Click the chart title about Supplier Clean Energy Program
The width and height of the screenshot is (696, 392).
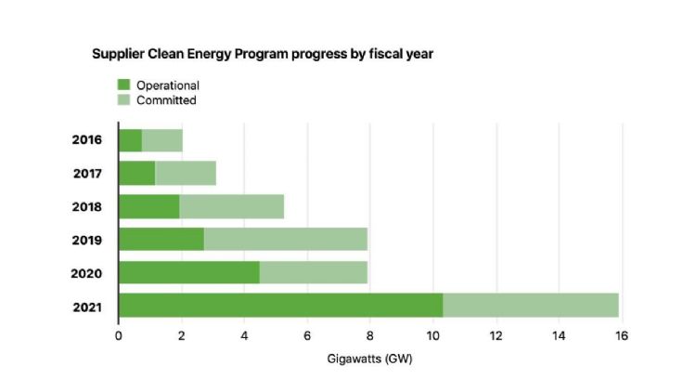[263, 54]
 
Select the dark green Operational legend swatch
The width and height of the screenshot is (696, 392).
[123, 85]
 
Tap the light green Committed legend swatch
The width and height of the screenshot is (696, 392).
[123, 99]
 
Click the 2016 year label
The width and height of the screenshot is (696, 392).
[87, 139]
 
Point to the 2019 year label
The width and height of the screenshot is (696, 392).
[87, 240]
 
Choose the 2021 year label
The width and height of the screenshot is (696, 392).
[87, 307]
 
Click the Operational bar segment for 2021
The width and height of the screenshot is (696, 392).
[281, 306]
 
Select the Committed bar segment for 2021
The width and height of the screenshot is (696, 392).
[531, 306]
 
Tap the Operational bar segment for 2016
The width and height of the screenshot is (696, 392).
[131, 140]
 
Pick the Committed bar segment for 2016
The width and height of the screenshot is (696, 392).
[162, 140]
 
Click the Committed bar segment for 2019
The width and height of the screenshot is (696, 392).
[286, 239]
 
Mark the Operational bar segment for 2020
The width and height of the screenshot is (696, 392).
[189, 272]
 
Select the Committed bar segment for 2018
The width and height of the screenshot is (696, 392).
[232, 206]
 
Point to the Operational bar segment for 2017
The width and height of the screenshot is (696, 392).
[137, 174]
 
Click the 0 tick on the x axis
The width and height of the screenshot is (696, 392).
[119, 336]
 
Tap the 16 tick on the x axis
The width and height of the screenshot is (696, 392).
[622, 336]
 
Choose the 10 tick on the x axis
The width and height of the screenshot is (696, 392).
[432, 336]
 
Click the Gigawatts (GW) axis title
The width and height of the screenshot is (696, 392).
[369, 359]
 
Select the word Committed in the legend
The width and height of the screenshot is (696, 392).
[166, 100]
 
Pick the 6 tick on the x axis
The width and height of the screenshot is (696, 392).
[307, 336]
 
